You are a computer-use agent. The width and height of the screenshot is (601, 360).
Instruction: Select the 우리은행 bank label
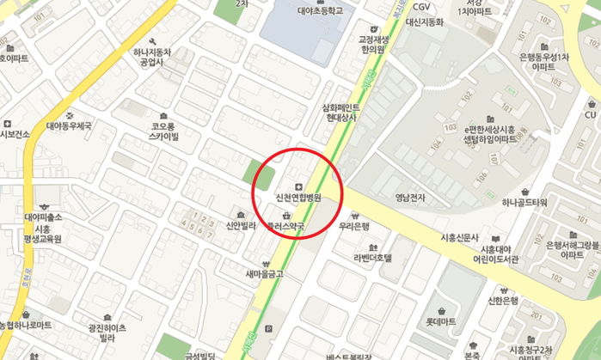(x=354, y=226)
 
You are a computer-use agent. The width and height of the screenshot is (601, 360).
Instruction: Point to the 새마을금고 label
(x=264, y=274)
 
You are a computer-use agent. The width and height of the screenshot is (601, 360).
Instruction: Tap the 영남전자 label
(x=410, y=197)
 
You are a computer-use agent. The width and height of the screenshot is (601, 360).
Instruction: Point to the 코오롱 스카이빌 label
(x=163, y=131)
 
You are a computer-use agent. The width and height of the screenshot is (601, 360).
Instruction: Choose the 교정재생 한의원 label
(x=372, y=44)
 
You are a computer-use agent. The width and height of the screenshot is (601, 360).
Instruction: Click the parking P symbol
(x=269, y=328)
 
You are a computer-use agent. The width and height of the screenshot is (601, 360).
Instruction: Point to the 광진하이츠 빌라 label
(x=107, y=333)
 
